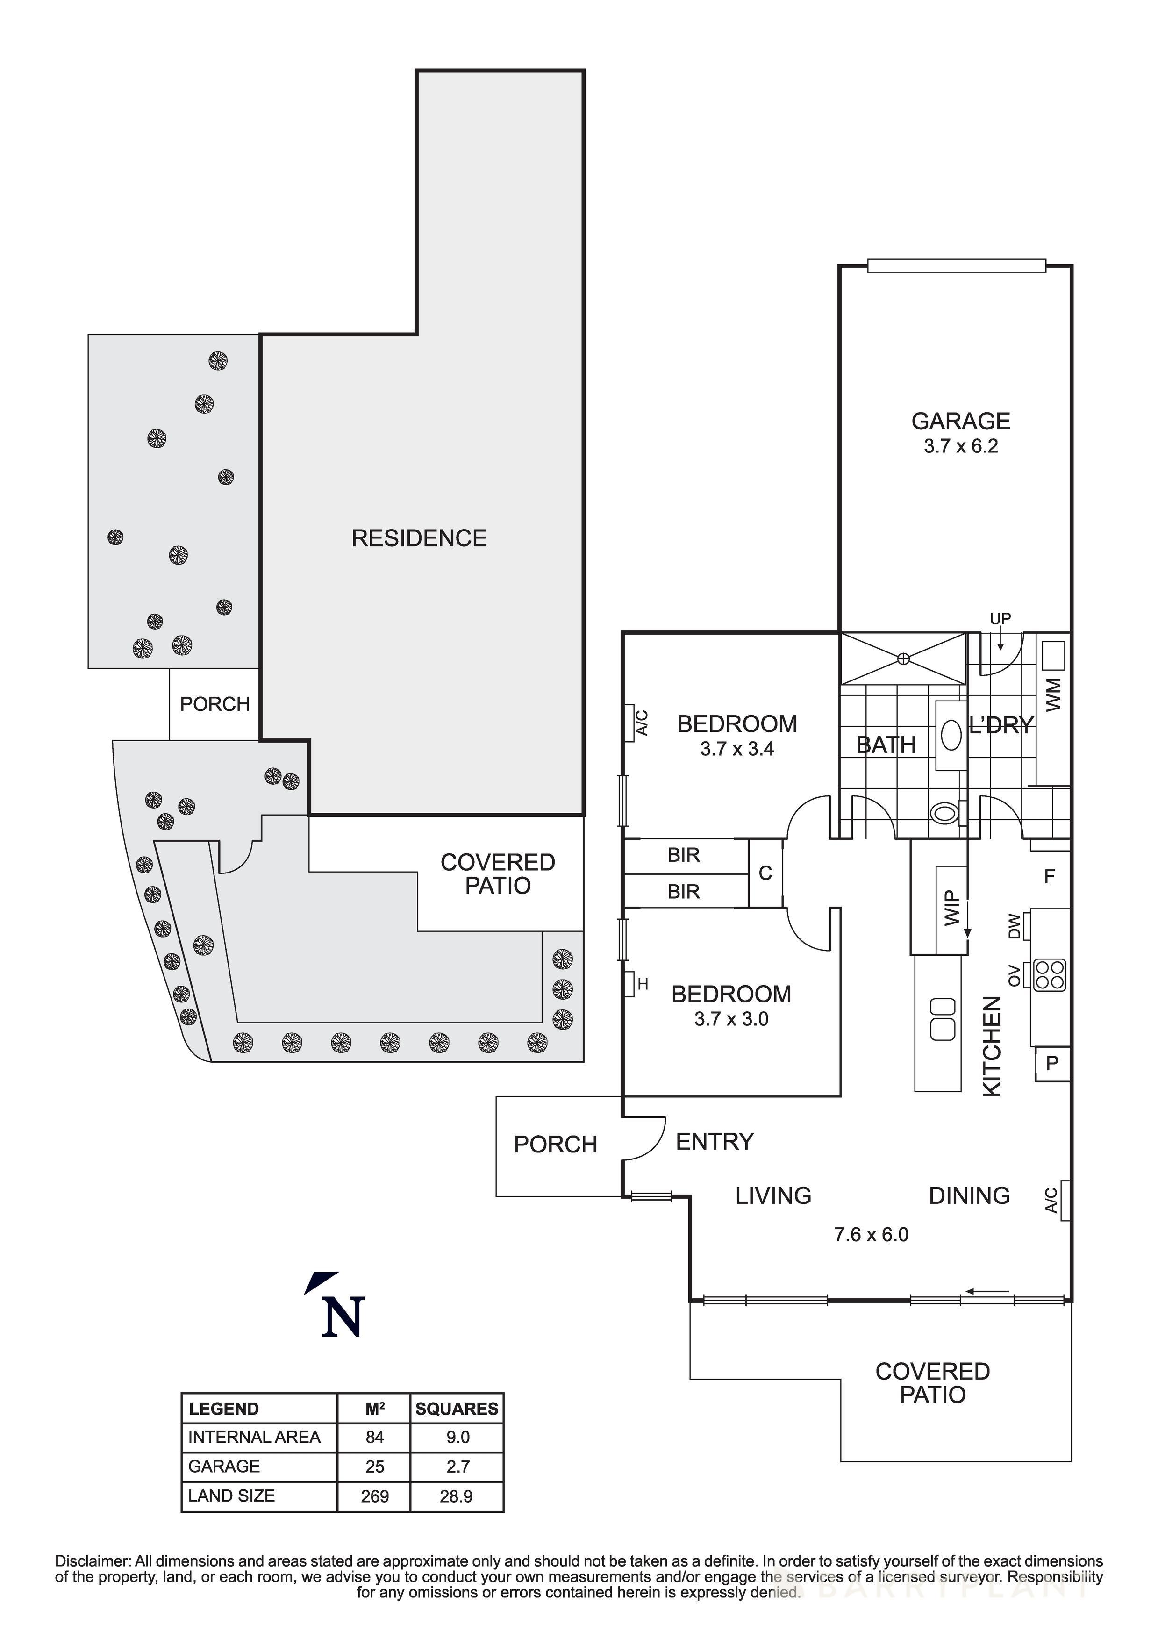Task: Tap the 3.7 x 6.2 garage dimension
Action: coord(960,447)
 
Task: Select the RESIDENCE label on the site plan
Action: coord(419,538)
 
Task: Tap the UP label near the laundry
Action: coord(1000,618)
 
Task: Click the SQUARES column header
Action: coord(457,1409)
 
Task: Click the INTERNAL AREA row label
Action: coord(254,1437)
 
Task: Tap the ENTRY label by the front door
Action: coord(715,1141)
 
